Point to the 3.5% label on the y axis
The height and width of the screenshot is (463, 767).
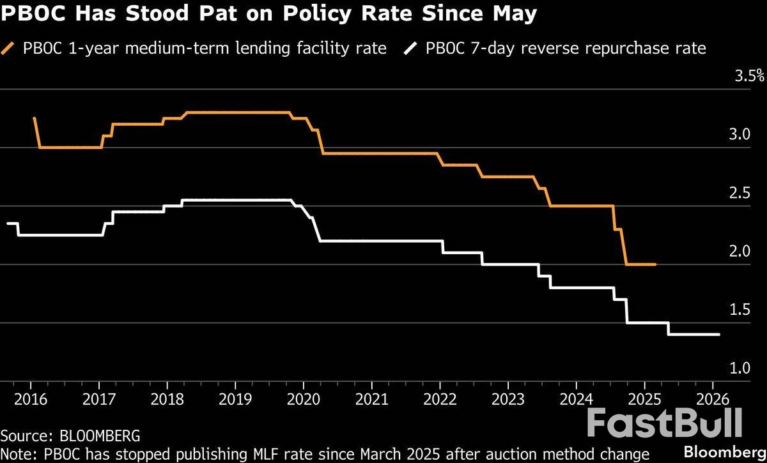749,77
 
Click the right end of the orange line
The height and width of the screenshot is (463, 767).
655,264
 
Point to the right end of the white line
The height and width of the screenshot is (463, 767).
719,334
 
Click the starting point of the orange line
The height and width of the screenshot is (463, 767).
34,118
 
